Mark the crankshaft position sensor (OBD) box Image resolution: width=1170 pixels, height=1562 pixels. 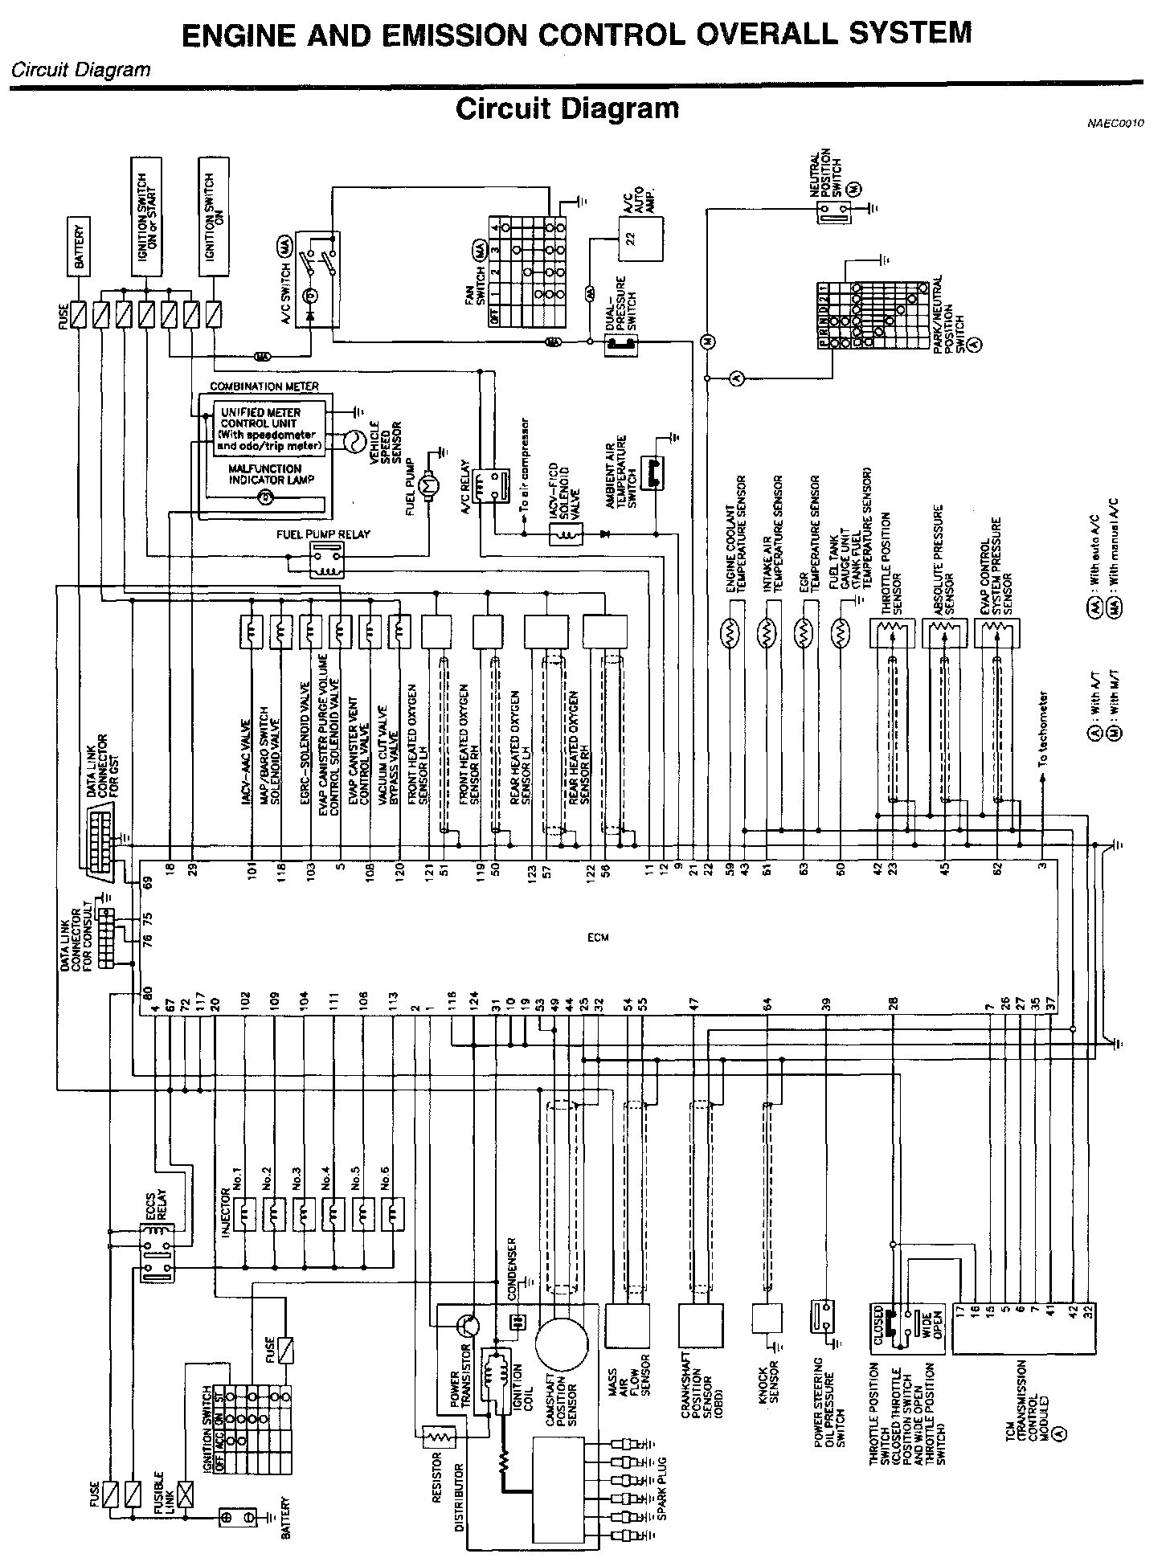point(700,1327)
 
